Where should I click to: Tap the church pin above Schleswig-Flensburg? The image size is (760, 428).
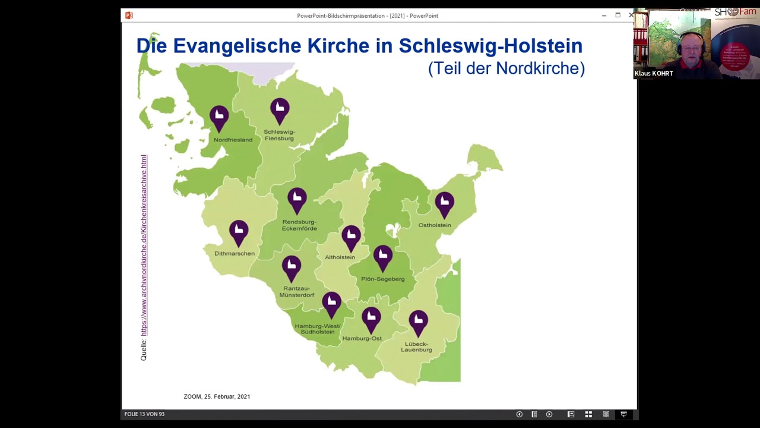280,110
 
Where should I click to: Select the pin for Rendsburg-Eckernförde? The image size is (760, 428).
297,199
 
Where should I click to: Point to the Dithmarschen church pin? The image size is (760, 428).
239,232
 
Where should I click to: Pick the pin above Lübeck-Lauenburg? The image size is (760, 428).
418,322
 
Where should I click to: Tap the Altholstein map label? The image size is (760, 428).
340,257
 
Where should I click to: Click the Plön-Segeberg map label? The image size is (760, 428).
382,279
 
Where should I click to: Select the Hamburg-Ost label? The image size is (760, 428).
362,338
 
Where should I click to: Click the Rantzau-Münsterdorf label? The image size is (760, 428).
296,292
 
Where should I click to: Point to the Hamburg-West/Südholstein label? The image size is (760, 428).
318,329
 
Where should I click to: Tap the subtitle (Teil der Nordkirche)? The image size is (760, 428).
506,68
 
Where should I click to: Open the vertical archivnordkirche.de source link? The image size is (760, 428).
144,245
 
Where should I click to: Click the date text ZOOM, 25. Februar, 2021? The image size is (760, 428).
217,396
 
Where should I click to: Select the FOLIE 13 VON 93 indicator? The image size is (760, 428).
144,414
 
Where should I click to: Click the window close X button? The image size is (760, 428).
631,15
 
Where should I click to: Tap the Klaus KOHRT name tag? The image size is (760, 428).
654,74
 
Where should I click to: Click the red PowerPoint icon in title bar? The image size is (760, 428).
129,15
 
